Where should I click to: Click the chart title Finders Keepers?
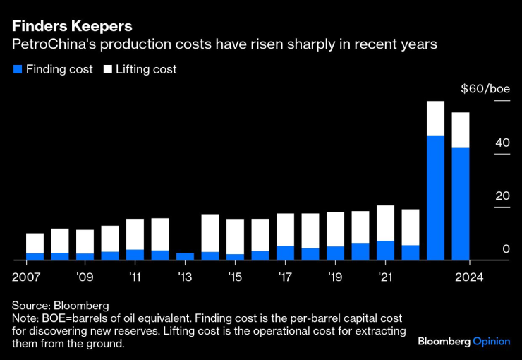(x=71, y=26)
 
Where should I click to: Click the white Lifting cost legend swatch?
(x=108, y=70)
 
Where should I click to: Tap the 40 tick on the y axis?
(x=502, y=143)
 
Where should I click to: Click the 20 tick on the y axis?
(x=502, y=196)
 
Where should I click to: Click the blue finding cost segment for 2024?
(x=461, y=203)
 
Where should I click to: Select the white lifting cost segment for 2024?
(x=461, y=130)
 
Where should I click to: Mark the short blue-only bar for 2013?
(x=185, y=256)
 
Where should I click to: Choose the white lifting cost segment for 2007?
(x=35, y=243)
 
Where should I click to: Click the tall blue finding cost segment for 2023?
(x=435, y=198)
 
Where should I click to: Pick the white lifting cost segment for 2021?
(x=385, y=223)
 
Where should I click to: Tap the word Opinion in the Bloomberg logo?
(x=491, y=341)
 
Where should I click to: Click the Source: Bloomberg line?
(x=60, y=306)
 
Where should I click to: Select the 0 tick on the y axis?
(x=506, y=248)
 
